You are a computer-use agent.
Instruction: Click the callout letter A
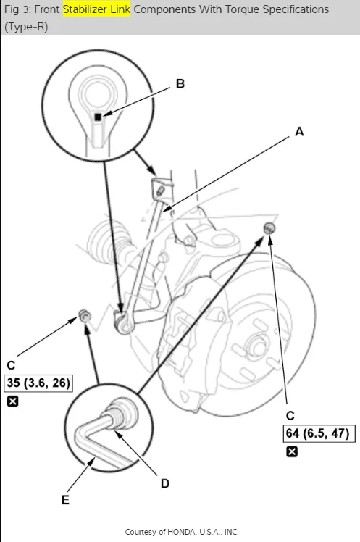(x=299, y=132)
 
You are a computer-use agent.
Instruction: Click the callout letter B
(x=180, y=83)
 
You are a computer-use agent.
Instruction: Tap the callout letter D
(x=165, y=483)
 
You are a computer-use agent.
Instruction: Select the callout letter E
(x=65, y=500)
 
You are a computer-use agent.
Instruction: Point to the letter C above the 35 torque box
(x=11, y=365)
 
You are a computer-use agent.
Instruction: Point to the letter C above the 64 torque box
(x=290, y=415)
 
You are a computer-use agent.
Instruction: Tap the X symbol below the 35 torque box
(x=13, y=401)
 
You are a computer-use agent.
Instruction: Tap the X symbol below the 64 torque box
(x=292, y=451)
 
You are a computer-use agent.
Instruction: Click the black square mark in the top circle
(x=98, y=117)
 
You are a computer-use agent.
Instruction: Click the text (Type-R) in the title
(x=26, y=27)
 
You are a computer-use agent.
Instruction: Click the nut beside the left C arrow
(x=84, y=316)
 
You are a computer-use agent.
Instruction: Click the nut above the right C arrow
(x=269, y=228)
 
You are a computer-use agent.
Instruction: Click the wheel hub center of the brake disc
(x=258, y=345)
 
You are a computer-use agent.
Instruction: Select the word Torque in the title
(x=243, y=9)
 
